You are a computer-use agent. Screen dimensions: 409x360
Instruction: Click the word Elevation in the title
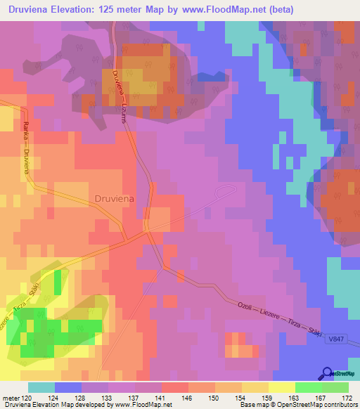click(83, 9)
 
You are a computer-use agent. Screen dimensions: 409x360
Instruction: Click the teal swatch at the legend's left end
click(41, 387)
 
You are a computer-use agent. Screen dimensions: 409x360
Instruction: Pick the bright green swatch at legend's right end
click(335, 387)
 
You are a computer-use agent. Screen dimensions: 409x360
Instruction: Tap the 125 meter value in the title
click(138, 9)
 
